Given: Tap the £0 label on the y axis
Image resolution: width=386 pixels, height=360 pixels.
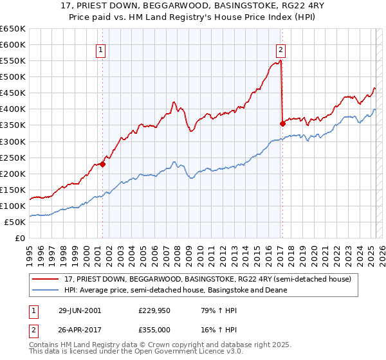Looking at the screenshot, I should [x=20, y=238].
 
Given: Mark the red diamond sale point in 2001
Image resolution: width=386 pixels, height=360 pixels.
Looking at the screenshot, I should [x=102, y=163].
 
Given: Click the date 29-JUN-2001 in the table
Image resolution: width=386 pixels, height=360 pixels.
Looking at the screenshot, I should [x=80, y=310].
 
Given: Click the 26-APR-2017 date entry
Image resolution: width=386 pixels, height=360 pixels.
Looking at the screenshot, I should [x=80, y=330].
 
